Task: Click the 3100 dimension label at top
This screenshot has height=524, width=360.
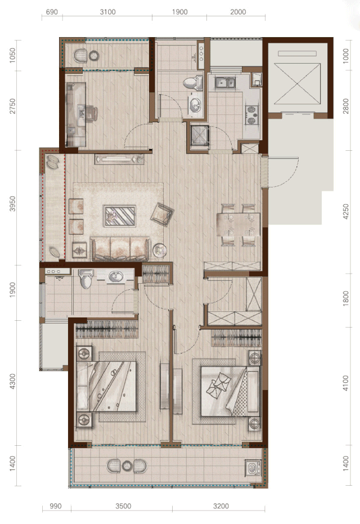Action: coord(107,12)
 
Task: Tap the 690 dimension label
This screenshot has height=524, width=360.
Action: coord(52,12)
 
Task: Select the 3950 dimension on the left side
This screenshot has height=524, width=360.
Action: coord(12,204)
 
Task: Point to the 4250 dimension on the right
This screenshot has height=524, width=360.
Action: coord(345,212)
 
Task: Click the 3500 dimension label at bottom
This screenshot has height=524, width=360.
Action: coord(123,506)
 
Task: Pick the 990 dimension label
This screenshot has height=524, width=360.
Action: coord(56,506)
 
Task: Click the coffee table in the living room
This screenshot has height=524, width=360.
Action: coord(120,216)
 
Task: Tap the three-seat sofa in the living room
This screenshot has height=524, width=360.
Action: coord(120,249)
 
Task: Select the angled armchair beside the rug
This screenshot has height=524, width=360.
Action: coord(162,214)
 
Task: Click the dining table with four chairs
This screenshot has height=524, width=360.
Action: coord(238,225)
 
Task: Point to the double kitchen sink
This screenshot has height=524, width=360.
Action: coord(225,82)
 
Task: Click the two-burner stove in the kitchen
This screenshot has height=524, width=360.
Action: coord(252,115)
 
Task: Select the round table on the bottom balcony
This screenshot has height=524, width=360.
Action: coord(127,466)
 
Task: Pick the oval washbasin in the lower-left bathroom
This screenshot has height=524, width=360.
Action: coord(116,276)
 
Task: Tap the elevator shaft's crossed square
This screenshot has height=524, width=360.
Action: coord(296,84)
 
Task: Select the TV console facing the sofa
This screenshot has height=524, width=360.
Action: coord(119,159)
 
